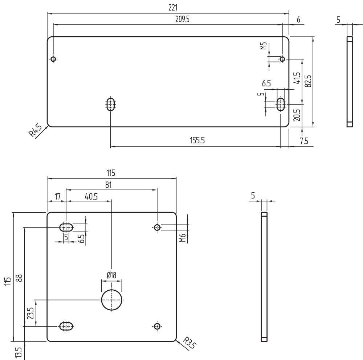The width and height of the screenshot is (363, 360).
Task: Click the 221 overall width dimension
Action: (x=167, y=7)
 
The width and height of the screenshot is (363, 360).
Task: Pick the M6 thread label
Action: (x=183, y=238)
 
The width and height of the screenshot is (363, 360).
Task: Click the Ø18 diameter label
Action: (x=111, y=275)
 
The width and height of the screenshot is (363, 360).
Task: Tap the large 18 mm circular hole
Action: (x=112, y=300)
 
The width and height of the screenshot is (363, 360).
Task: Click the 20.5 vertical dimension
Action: (x=297, y=116)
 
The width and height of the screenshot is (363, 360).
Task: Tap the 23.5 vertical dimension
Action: (x=30, y=312)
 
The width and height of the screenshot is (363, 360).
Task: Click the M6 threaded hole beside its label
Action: (x=157, y=228)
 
